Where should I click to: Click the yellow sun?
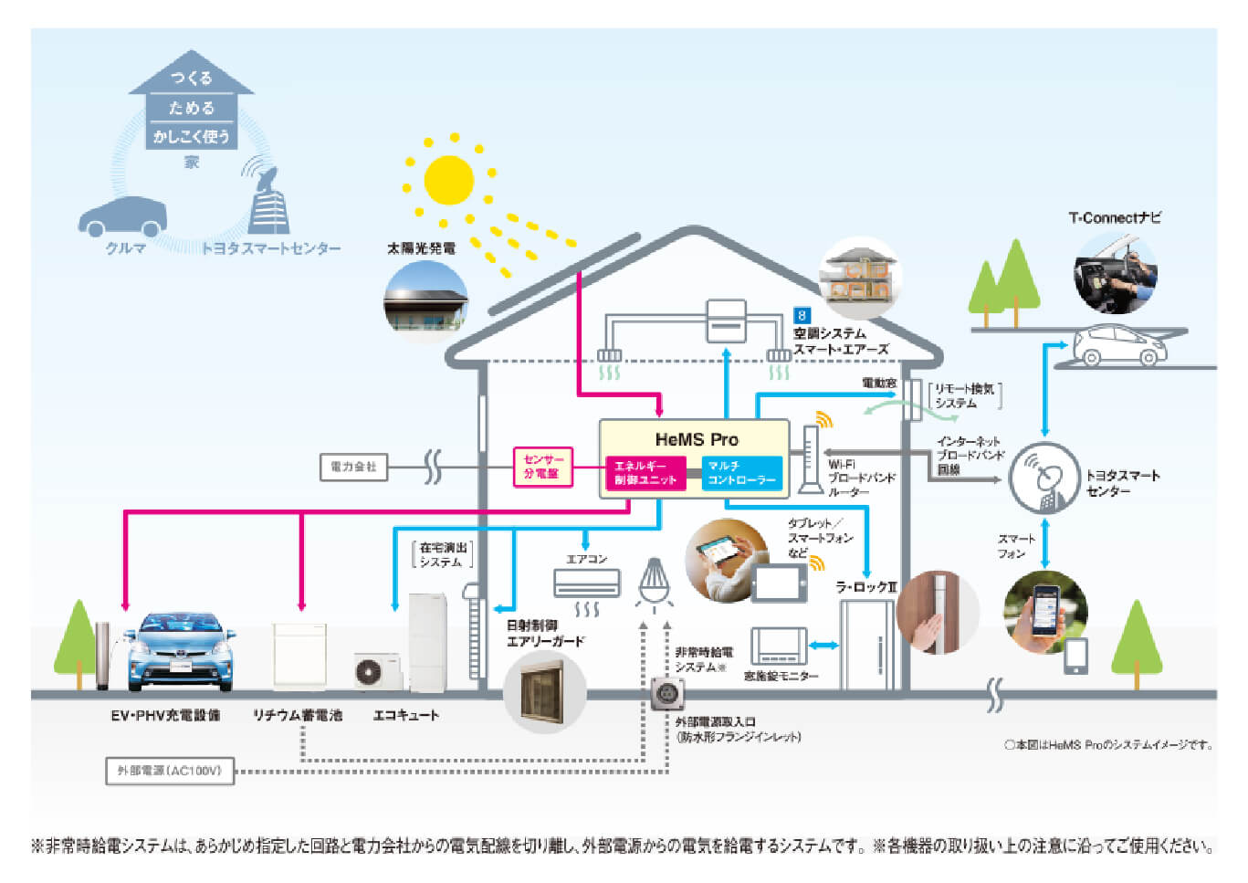[449, 180]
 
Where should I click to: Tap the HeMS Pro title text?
[696, 439]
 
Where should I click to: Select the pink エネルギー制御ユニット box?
[645, 473]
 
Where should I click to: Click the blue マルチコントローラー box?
[741, 473]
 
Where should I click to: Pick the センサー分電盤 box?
[542, 467]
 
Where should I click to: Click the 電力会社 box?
[353, 467]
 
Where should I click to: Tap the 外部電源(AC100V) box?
[170, 771]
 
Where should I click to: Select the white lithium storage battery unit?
[299, 654]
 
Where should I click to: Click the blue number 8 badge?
[802, 316]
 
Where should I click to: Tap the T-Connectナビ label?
[1115, 218]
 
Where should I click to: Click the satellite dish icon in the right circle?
[1044, 478]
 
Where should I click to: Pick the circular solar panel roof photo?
[425, 301]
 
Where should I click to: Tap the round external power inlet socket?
[666, 694]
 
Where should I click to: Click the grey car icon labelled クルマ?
[123, 217]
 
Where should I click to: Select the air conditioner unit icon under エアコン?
[586, 582]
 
